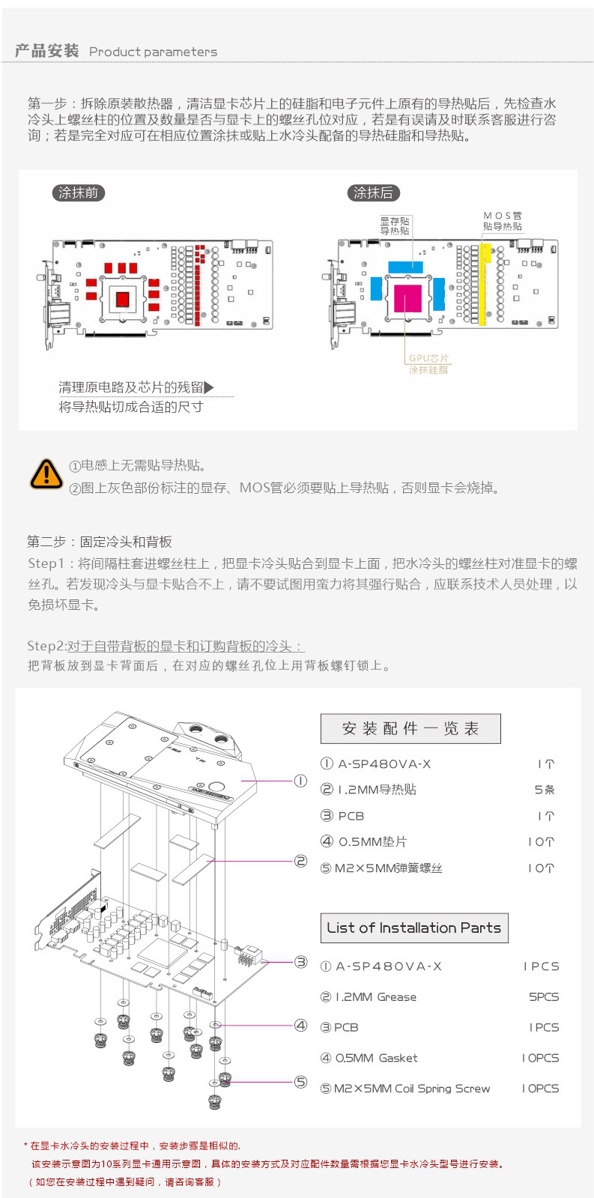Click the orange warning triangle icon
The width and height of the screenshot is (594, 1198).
46,474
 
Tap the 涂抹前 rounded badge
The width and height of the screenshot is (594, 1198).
78,193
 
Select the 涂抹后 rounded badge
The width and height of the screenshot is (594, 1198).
373,193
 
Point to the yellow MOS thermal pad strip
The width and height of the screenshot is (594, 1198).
482,283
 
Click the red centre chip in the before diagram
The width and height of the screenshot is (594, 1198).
123,298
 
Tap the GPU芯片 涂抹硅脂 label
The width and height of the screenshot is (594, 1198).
428,363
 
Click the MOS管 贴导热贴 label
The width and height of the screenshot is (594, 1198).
502,221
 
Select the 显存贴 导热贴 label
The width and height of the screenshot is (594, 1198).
395,226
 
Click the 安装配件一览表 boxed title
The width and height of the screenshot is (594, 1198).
410,728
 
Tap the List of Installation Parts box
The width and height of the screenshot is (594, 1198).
414,928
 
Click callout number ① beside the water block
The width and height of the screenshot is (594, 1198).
300,781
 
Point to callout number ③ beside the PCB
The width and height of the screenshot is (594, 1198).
301,962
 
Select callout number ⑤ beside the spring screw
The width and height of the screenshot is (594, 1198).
301,1082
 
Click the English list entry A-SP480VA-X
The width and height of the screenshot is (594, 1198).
388,966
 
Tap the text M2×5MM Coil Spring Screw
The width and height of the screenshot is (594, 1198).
412,1089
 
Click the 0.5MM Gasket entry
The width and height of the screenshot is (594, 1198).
376,1058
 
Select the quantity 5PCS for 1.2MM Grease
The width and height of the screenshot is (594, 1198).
544,997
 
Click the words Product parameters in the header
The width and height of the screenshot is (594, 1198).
153,52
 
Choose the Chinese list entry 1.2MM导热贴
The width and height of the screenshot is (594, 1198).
377,790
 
